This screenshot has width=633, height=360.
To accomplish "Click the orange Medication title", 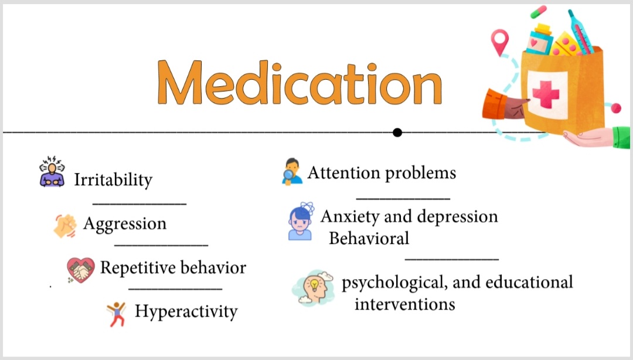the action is click(300, 83).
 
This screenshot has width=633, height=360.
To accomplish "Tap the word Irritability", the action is click(113, 180).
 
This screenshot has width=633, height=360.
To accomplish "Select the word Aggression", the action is click(125, 224).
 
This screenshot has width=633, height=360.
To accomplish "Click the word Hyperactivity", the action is click(186, 311).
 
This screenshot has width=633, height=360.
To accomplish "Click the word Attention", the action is click(343, 173).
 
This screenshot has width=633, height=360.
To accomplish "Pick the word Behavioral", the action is click(369, 239).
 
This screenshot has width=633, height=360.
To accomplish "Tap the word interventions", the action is click(404, 304).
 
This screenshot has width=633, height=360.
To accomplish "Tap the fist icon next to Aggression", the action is click(65, 226).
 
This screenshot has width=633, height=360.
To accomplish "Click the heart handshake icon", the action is click(81, 270).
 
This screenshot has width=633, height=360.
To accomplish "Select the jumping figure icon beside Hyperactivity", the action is click(116, 314).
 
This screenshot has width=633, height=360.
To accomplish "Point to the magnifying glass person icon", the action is click(292, 172).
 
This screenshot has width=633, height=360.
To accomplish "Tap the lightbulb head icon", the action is click(314, 288).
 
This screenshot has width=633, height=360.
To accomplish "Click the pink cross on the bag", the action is click(546, 94).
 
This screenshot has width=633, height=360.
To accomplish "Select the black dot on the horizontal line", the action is click(397, 133).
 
